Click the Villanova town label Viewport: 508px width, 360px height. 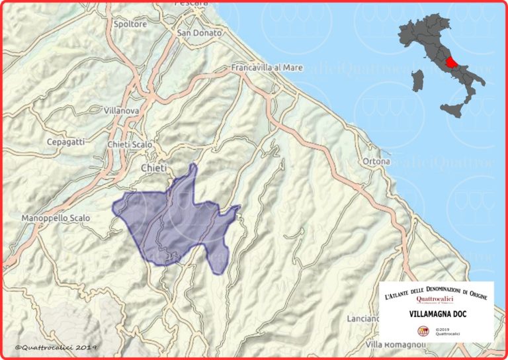pyautogui.click(x=121, y=111)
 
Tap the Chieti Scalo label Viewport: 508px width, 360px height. pyautogui.click(x=130, y=144)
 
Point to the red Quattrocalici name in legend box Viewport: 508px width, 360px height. pyautogui.click(x=435, y=299)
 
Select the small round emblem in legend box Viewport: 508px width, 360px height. pyautogui.click(x=422, y=330)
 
